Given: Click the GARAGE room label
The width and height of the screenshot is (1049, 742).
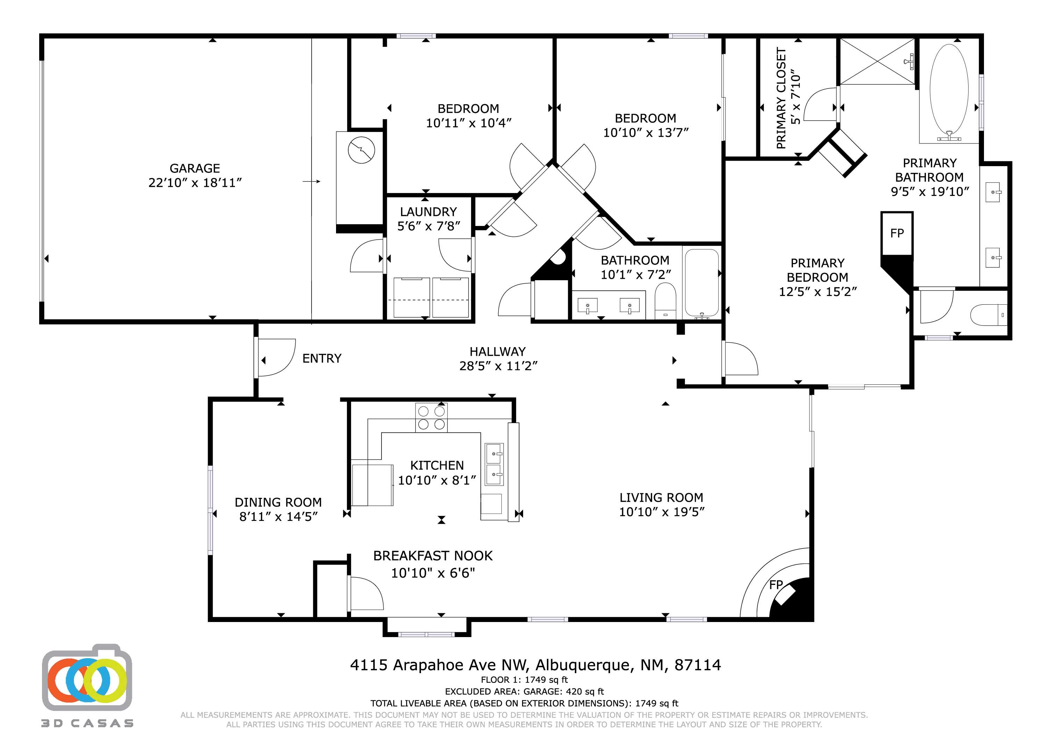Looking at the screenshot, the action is tap(195, 168).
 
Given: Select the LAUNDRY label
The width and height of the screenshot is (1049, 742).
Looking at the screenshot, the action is tap(428, 212).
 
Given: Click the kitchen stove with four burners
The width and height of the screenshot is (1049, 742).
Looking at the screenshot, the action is tap(431, 417).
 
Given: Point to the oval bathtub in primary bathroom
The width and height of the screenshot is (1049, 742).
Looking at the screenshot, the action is tap(949, 90).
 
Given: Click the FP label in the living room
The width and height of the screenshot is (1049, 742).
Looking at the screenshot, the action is tap(776, 585).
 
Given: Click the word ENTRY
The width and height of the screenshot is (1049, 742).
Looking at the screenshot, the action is tap(322, 359).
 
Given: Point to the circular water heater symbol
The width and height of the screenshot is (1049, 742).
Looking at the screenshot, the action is tap(362, 150).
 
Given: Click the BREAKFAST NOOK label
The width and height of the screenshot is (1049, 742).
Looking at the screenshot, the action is tap(433, 556).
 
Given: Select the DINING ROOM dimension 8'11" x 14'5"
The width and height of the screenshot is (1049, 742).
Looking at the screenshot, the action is tap(278, 517).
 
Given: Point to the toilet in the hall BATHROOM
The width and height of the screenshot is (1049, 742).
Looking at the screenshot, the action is tap(665, 301).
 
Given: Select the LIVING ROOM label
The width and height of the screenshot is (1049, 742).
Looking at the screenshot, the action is tap(661, 497).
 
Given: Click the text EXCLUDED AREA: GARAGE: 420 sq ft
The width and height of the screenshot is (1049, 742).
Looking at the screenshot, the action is tap(524, 692).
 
